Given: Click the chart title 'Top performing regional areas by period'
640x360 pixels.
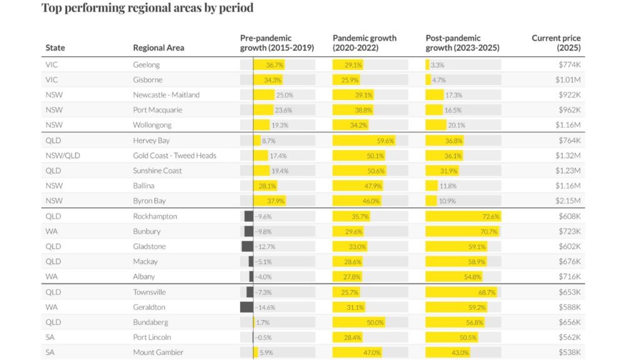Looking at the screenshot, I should tap(147, 9).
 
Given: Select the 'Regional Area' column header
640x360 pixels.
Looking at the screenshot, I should tap(158, 48).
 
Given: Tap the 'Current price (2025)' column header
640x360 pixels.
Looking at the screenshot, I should tap(556, 43).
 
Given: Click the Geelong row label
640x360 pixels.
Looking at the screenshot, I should tap(146, 65).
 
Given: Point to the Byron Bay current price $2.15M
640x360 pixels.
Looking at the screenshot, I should tap(569, 201).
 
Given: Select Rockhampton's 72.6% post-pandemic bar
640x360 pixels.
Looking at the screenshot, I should tap(463, 216).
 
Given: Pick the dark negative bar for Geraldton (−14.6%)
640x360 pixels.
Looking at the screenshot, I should tap(246, 307).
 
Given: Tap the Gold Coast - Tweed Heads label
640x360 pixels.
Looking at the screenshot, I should tap(174, 156).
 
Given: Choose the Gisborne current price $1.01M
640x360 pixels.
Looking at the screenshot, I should tap(569, 80).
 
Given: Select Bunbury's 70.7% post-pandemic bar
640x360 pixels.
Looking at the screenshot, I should tap(462, 231).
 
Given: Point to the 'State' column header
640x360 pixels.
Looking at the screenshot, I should tap(55, 48).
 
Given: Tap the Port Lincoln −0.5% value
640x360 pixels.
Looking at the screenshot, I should tap(264, 337).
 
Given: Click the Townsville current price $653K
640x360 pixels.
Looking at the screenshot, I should tap(569, 292).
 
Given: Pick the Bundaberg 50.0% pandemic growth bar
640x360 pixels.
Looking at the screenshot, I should tap(359, 322).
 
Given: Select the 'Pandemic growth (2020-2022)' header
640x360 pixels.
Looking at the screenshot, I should tap(364, 43).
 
